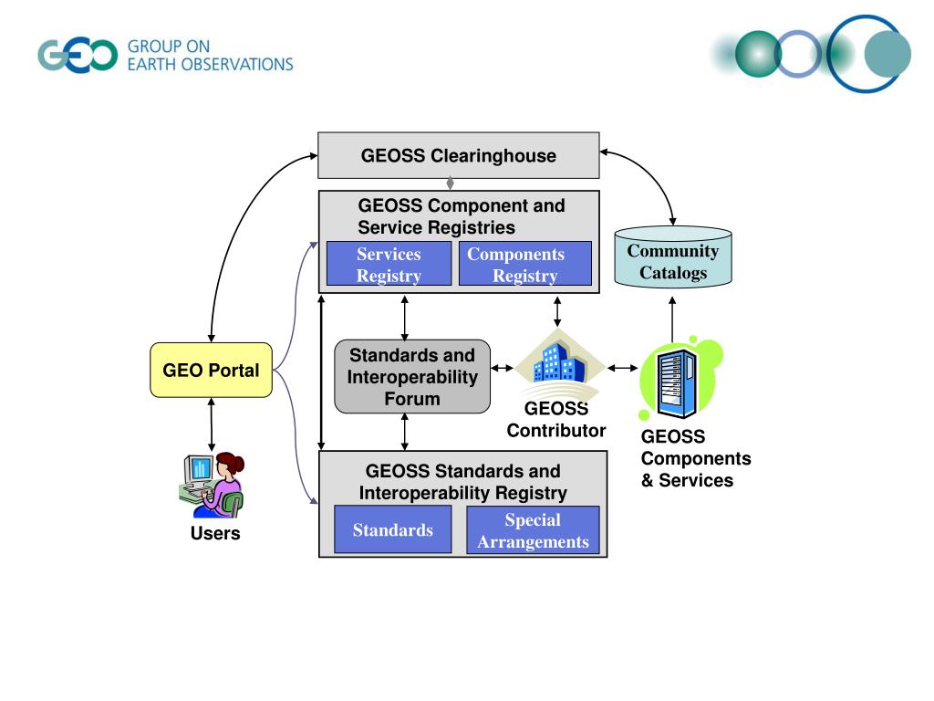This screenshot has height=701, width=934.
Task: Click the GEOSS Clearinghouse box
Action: coord(458,155)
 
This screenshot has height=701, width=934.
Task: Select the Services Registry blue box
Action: coord(389,264)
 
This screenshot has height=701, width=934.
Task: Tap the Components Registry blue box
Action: coord(524,264)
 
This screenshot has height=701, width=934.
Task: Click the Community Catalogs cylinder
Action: coord(672,256)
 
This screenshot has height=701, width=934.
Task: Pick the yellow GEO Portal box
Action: coord(211,370)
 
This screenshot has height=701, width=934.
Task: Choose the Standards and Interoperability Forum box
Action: coord(412,377)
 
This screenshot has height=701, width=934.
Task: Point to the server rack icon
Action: coord(676,382)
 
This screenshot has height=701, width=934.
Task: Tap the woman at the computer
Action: coord(212,485)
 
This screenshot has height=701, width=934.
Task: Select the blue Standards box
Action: coord(392,529)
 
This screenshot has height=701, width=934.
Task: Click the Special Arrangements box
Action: coord(533,530)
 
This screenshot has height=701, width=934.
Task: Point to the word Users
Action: coord(215,533)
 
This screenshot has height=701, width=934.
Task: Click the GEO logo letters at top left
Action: coord(78,56)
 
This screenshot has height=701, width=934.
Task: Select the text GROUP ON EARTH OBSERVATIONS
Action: coord(211,56)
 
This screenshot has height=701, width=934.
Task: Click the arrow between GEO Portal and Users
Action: coord(212,424)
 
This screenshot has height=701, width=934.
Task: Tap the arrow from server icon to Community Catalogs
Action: coord(672,319)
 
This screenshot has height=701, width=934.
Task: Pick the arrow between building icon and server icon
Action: coord(622,368)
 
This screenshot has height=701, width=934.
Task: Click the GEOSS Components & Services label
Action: coord(696,458)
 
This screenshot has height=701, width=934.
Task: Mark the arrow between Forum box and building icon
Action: coord(503,368)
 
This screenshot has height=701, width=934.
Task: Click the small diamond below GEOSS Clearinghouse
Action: coord(451,183)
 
